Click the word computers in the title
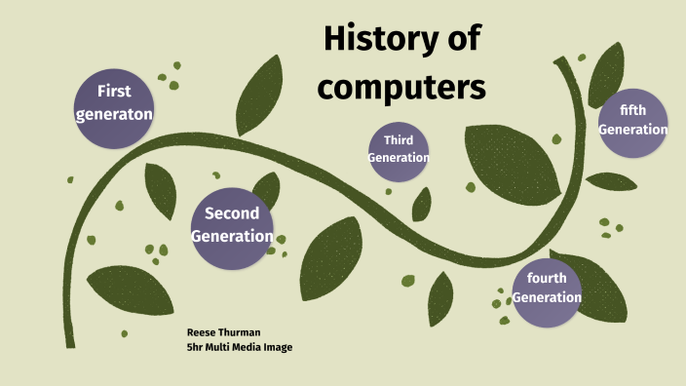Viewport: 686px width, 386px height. point(402,87)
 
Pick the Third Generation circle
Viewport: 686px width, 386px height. point(399,151)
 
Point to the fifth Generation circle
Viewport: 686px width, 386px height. point(632,122)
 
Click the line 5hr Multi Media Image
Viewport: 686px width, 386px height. point(240,347)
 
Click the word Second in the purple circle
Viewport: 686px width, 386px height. point(232,213)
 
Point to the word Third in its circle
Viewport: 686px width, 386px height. point(399,140)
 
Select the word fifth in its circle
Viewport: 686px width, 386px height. point(632,110)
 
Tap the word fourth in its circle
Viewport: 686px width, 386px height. point(547,278)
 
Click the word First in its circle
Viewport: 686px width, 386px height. point(114,92)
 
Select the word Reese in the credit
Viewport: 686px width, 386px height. point(201,332)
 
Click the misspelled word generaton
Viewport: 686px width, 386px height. point(114,114)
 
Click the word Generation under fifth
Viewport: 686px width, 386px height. point(632,130)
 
